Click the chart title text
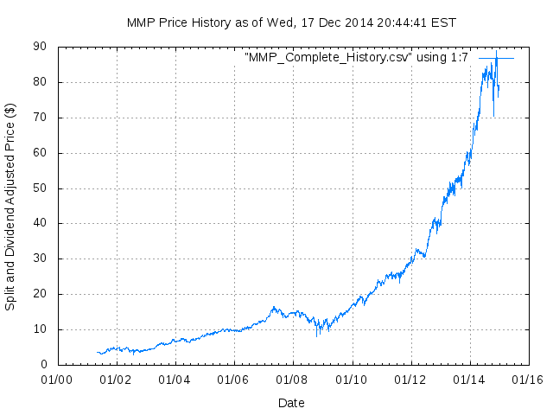tap(291, 22)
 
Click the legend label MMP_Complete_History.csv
tap(357, 58)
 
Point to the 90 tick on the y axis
tap(40, 48)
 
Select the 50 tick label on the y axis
tap(40, 188)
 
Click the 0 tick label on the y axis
tap(43, 365)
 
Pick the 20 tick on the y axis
tap(40, 294)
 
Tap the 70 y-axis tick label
tap(40, 118)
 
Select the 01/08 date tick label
tap(292, 380)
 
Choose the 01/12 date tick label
tap(410, 380)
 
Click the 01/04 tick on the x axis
tap(175, 380)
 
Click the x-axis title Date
tap(291, 403)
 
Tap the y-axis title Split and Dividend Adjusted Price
tap(10, 207)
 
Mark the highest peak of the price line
tap(496, 51)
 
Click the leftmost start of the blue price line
tap(97, 352)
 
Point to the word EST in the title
tap(444, 22)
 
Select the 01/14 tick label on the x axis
tap(469, 380)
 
